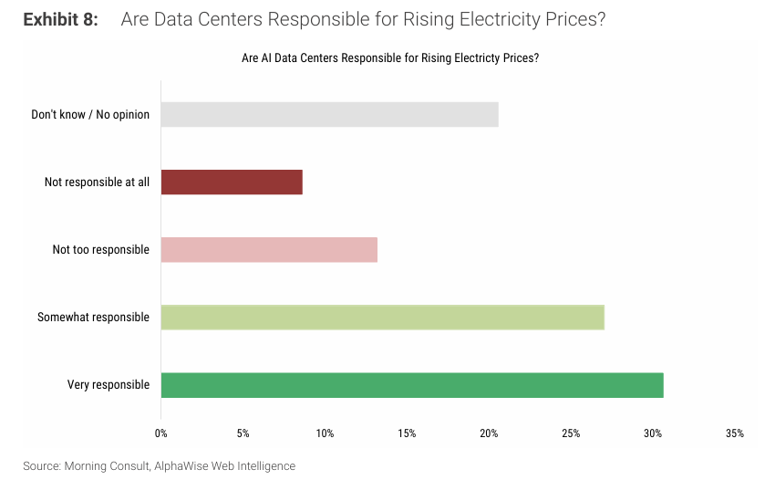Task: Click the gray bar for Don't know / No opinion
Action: click(329, 114)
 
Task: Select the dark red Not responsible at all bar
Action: click(232, 182)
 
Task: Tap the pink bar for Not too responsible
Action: click(269, 249)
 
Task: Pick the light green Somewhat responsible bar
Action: click(382, 317)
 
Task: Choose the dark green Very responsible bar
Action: click(412, 384)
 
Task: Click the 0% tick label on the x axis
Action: click(161, 433)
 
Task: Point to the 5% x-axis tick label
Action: click(243, 433)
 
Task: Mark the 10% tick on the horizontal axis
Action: click(325, 433)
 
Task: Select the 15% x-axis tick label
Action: click(407, 433)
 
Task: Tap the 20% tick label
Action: click(489, 433)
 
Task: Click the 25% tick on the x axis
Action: click(571, 433)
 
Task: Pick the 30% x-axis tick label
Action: click(653, 433)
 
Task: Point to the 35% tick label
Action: click(735, 433)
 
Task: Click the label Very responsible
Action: click(109, 385)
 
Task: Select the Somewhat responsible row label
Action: click(93, 318)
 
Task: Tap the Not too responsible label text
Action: click(100, 250)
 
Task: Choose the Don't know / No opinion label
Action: click(90, 115)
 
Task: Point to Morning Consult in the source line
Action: click(104, 466)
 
